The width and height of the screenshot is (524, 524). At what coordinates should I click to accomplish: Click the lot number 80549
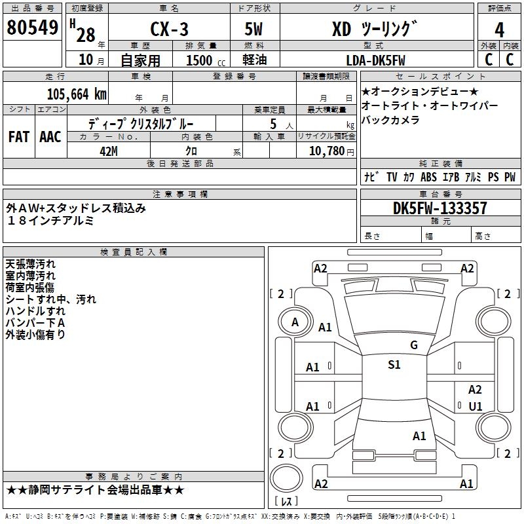32,28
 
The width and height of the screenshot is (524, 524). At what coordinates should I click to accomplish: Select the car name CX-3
169,29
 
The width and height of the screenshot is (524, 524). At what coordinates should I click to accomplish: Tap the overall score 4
499,30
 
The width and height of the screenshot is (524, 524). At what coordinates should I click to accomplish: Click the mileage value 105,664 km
77,94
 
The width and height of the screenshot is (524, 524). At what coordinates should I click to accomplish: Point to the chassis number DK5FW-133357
440,208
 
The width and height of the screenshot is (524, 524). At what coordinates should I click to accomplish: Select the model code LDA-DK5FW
375,60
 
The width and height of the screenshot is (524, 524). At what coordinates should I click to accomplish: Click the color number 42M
109,151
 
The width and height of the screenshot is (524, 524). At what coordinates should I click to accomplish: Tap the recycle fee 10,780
327,151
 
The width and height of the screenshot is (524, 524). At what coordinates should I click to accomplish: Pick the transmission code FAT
19,137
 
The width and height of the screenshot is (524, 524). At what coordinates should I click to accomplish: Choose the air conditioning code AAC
50,137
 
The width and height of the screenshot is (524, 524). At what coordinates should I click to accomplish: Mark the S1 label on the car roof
394,365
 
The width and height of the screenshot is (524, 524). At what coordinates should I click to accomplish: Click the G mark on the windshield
414,345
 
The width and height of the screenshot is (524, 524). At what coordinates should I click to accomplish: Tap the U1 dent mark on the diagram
476,406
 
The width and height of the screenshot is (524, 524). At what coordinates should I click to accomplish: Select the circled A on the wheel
295,322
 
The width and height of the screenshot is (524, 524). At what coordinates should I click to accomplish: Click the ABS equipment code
428,177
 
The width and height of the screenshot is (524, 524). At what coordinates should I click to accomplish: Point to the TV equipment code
392,177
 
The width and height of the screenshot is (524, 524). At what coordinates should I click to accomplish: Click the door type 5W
253,29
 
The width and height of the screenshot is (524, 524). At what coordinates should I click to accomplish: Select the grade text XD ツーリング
375,29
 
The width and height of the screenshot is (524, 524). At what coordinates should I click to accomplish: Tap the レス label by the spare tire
286,501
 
